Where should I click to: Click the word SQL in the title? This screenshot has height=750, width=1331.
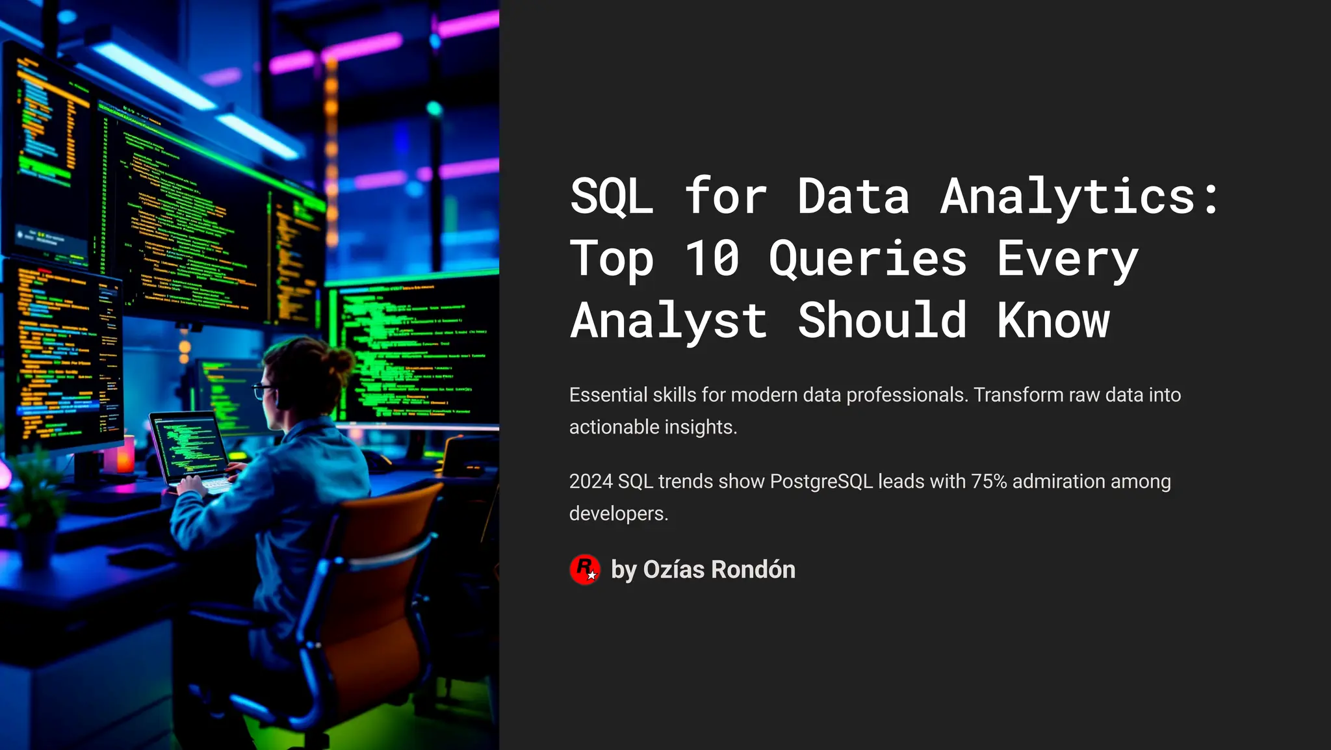(612, 196)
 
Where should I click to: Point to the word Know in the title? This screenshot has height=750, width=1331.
(1053, 320)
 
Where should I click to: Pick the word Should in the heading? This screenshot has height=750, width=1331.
(881, 320)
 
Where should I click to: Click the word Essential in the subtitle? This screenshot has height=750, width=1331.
(608, 395)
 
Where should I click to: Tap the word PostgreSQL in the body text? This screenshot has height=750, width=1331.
(821, 482)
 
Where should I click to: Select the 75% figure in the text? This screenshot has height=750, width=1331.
(989, 482)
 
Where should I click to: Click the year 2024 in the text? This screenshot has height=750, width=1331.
(591, 482)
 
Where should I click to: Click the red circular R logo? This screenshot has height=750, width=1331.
(585, 570)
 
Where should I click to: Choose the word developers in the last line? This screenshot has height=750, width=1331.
(617, 514)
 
